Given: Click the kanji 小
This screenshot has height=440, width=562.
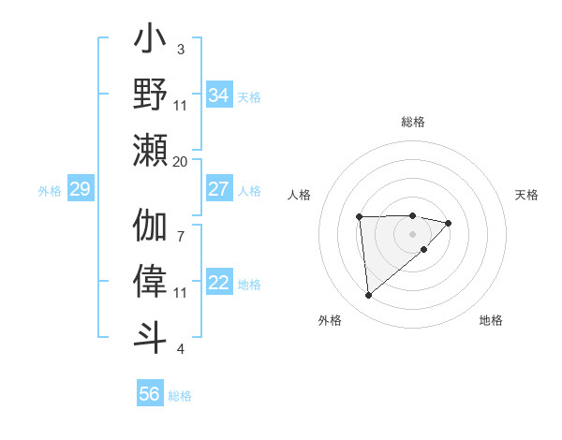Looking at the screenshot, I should tap(151, 42).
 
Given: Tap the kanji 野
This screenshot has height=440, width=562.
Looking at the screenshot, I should tap(151, 95).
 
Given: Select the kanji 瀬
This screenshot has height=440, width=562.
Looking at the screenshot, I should tap(151, 150).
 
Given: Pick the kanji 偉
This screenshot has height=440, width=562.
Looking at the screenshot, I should tap(151, 282).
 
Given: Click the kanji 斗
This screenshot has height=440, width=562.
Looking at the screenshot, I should tap(151, 335).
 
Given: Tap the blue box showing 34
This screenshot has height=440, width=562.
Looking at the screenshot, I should tap(219, 95).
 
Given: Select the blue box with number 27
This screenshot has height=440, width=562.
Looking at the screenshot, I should tap(219, 189).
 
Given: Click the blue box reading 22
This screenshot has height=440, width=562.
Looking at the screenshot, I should tap(219, 283).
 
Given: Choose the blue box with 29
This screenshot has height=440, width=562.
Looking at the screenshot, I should tap(80, 189).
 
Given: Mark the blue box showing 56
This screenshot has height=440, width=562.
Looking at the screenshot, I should tap(150, 394).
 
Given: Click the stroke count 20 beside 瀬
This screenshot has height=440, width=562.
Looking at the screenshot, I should tap(181, 161).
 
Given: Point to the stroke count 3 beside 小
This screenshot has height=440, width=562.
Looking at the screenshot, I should tap(181, 49).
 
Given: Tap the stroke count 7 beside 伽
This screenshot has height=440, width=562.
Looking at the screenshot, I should tap(181, 226).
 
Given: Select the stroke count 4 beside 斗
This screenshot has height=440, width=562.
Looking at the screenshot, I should tap(181, 349).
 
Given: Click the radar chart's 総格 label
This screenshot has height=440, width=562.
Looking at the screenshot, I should tap(413, 122).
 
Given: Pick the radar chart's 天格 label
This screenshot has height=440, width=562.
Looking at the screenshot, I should tap(527, 195).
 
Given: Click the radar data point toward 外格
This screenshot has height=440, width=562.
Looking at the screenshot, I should tap(368, 296).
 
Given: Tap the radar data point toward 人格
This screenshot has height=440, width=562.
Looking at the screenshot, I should tap(360, 217).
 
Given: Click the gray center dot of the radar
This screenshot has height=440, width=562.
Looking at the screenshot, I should tap(413, 233).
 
